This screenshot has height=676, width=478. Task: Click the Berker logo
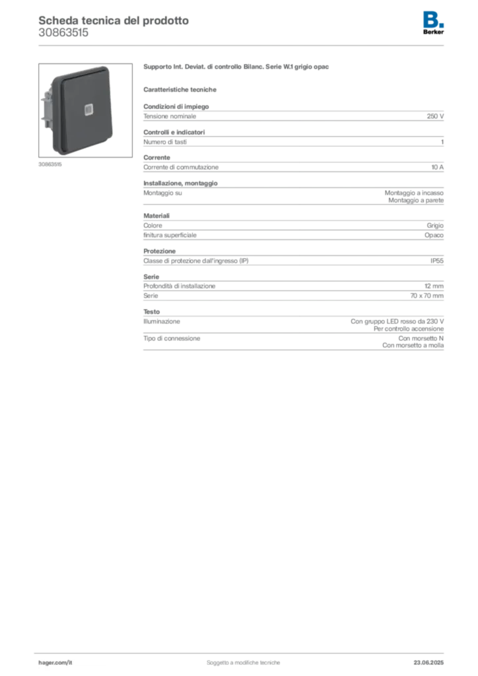pyautogui.click(x=433, y=23)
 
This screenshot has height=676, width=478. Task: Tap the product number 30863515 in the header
pyautogui.click(x=63, y=33)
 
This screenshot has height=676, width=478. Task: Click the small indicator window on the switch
pyautogui.click(x=89, y=110)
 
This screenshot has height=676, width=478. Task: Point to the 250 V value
pyautogui.click(x=435, y=116)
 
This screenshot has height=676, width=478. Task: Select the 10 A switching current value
pyautogui.click(x=438, y=167)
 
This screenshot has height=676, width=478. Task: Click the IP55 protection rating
pyautogui.click(x=437, y=261)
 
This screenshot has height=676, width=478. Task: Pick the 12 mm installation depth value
pyautogui.click(x=434, y=287)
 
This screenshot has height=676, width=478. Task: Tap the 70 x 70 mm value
pyautogui.click(x=427, y=296)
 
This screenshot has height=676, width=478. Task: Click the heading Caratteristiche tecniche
pyautogui.click(x=180, y=90)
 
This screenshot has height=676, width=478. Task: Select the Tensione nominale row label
pyautogui.click(x=170, y=116)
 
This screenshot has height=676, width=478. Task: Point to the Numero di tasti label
pyautogui.click(x=165, y=142)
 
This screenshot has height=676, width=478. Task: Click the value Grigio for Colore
pyautogui.click(x=435, y=226)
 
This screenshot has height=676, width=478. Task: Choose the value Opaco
pyautogui.click(x=434, y=236)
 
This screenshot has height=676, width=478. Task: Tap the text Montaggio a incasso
pyautogui.click(x=414, y=193)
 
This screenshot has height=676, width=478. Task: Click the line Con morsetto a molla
pyautogui.click(x=413, y=345)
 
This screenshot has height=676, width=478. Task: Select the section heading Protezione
pyautogui.click(x=160, y=252)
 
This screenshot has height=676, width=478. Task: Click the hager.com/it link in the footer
pyautogui.click(x=55, y=663)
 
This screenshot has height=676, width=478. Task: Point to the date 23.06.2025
pyautogui.click(x=428, y=663)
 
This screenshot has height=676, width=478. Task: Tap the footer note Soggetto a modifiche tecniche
pyautogui.click(x=243, y=663)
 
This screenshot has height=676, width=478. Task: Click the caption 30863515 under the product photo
pyautogui.click(x=50, y=164)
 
